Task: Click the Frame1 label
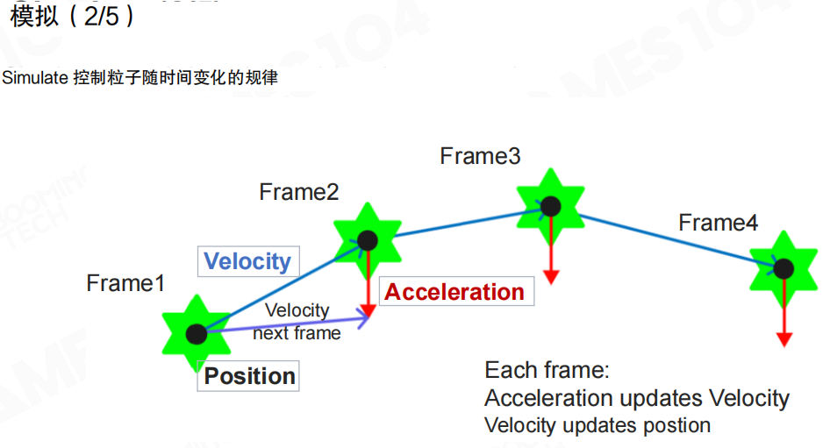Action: [x=125, y=283]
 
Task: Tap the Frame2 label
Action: [x=298, y=192]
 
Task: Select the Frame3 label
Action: [x=480, y=156]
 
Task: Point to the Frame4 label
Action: [x=718, y=223]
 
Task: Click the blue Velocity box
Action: [x=247, y=261]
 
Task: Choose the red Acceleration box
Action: [x=454, y=292]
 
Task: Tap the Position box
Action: [x=249, y=376]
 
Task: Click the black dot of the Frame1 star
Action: [x=197, y=333]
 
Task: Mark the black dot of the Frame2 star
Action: [x=367, y=239]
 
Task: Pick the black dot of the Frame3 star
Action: [x=550, y=206]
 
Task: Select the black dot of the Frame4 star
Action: [x=784, y=268]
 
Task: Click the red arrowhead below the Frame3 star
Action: [x=550, y=276]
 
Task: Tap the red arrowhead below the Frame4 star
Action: [x=784, y=338]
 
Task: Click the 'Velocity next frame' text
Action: [x=297, y=322]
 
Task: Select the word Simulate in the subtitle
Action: [x=35, y=78]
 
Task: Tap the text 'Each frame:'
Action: [x=547, y=369]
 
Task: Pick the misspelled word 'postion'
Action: [x=675, y=425]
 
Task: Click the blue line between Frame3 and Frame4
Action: [x=667, y=238]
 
